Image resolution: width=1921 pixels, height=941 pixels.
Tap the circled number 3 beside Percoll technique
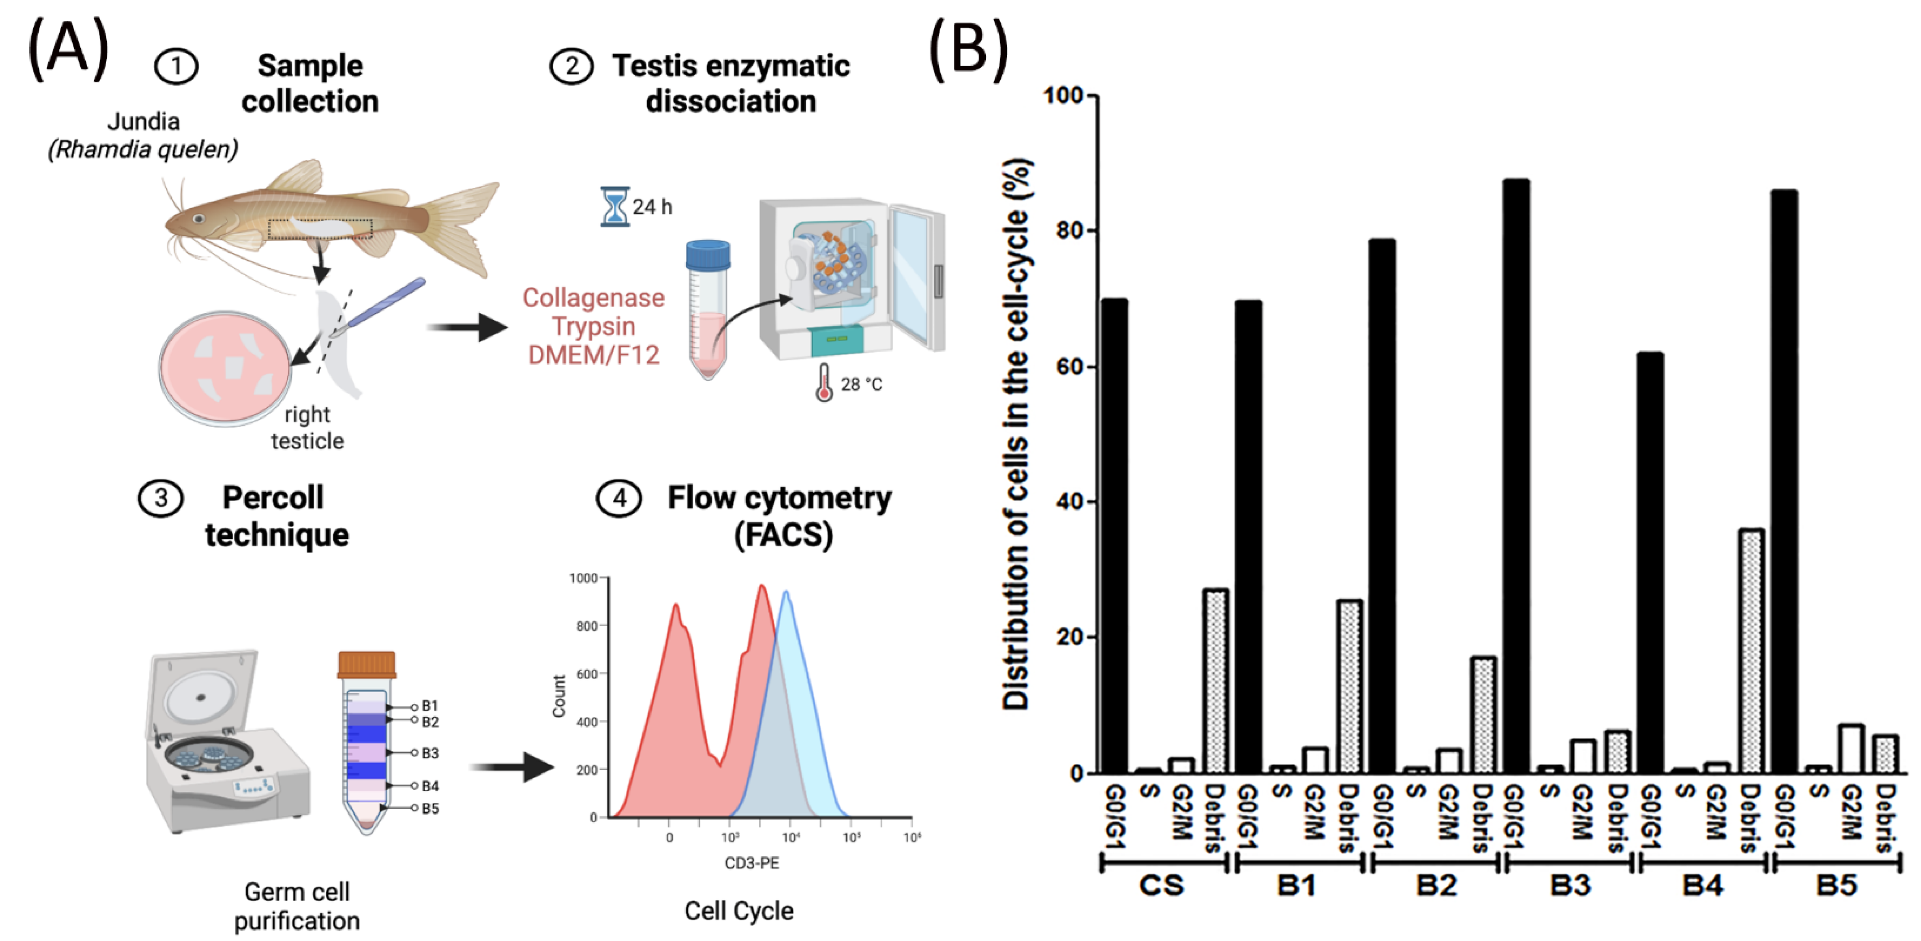pos(160,498)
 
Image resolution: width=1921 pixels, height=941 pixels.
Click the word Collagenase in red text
pos(593,298)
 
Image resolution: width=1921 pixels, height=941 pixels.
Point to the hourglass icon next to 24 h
pos(615,206)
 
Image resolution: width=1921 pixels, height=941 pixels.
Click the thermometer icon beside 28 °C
pos(824,383)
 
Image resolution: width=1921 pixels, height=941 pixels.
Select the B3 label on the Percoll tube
pos(429,753)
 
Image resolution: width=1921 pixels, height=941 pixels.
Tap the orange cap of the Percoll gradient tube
pos(366,663)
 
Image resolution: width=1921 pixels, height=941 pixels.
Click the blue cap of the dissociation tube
pos(708,254)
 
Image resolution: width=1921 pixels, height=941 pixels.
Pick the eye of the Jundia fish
pos(199,219)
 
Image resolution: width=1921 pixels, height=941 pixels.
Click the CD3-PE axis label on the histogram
pos(752,863)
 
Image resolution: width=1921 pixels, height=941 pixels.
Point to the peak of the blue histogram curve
pos(785,593)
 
